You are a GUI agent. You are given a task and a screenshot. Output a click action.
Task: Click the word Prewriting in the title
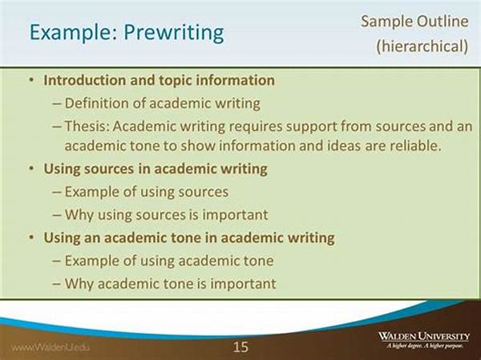point(174,33)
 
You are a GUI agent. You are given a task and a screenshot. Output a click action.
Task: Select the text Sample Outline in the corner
point(414,22)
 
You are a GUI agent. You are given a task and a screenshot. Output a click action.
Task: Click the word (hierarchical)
point(422,46)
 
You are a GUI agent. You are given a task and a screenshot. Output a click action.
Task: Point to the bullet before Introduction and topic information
point(31,80)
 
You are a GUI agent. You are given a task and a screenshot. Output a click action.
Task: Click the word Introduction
point(84,80)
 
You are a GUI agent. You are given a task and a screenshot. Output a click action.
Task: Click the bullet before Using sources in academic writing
point(31,168)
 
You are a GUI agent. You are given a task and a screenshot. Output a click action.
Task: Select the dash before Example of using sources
point(57,192)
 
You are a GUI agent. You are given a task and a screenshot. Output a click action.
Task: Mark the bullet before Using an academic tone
point(31,237)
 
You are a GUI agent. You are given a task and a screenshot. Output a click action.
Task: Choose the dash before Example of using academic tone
point(57,261)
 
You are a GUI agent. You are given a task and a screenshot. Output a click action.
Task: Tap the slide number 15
point(240,347)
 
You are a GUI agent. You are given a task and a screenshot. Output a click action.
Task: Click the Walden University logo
point(424,340)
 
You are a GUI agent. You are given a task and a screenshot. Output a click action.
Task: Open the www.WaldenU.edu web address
point(51,348)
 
